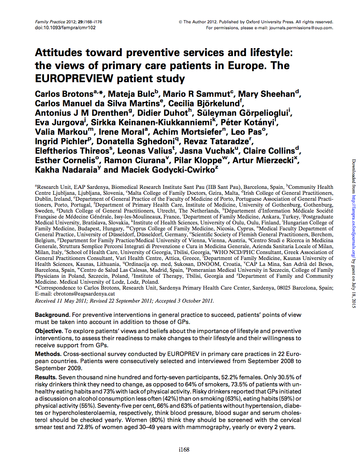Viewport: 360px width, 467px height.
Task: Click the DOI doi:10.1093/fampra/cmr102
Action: pyautogui.click(x=65, y=28)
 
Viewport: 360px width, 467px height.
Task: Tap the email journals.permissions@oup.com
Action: pyautogui.click(x=301, y=28)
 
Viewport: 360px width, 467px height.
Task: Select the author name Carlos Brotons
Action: pyautogui.click(x=64, y=94)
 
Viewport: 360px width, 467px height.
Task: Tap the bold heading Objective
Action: pyautogui.click(x=49, y=331)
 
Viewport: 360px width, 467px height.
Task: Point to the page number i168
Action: pyautogui.click(x=184, y=450)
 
